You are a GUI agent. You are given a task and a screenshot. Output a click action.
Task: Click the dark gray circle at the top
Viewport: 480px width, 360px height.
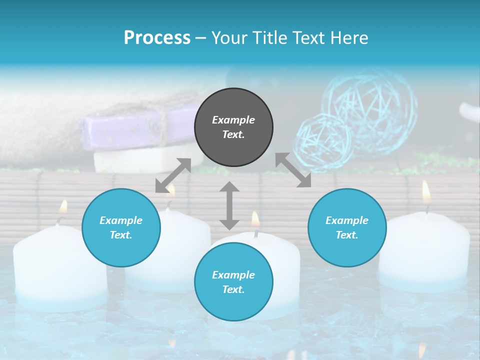coord(233,127)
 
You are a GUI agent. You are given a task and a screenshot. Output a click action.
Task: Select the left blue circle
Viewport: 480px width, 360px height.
coord(121,228)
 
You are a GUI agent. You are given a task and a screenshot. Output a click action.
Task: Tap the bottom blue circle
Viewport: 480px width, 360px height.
coord(233,282)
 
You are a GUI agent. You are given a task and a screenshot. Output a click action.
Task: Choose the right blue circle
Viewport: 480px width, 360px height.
coord(347,228)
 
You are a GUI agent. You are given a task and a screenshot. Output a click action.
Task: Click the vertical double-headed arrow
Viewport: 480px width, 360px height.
coord(229,205)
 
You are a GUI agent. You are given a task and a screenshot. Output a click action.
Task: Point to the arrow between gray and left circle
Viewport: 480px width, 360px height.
coord(173,175)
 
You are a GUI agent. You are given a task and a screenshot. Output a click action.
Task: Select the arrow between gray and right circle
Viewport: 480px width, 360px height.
coord(293,170)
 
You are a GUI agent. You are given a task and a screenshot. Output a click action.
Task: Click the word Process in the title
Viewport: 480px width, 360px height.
coord(157,37)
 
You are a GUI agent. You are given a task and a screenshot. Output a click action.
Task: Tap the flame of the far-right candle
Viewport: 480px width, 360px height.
coord(426,191)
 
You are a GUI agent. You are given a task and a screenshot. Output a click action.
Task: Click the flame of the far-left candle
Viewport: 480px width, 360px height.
coord(63,206)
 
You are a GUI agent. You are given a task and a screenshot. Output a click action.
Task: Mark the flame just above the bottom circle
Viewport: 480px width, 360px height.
coord(255,218)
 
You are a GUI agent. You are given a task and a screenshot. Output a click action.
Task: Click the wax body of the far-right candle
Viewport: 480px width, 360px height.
coord(425,250)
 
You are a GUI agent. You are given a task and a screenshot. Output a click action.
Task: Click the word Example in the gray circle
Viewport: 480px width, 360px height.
coord(233,120)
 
